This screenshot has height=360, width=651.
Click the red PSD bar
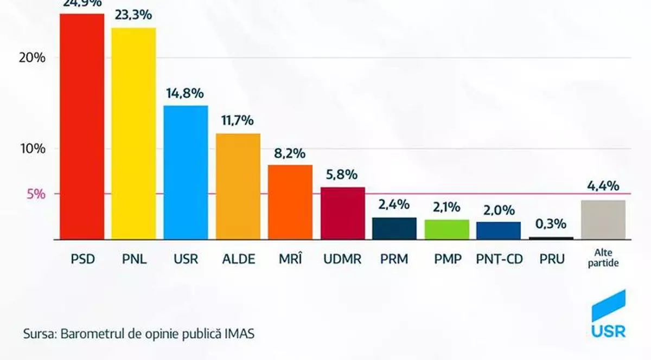pyautogui.click(x=81, y=126)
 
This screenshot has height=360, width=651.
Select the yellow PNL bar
pyautogui.click(x=133, y=133)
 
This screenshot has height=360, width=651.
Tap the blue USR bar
pyautogui.click(x=186, y=172)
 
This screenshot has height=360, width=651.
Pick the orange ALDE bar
pyautogui.click(x=238, y=186)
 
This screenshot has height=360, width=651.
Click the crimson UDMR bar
pyautogui.click(x=342, y=213)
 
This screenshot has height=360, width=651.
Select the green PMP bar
pyautogui.click(x=446, y=229)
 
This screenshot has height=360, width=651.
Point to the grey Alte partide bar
pyautogui.click(x=603, y=220)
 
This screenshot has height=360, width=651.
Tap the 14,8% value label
pyautogui.click(x=186, y=93)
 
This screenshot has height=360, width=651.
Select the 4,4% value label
pyautogui.click(x=603, y=187)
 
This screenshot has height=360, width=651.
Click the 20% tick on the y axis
pyautogui.click(x=32, y=58)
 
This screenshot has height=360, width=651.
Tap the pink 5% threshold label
pyautogui.click(x=36, y=194)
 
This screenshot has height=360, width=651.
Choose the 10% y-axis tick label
pyautogui.click(x=32, y=149)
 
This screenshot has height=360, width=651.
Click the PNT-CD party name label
pyautogui.click(x=499, y=259)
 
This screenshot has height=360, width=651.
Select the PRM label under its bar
pyautogui.click(x=394, y=259)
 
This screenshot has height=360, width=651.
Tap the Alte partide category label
pyautogui.click(x=603, y=259)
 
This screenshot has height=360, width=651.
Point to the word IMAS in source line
pyautogui.click(x=240, y=333)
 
